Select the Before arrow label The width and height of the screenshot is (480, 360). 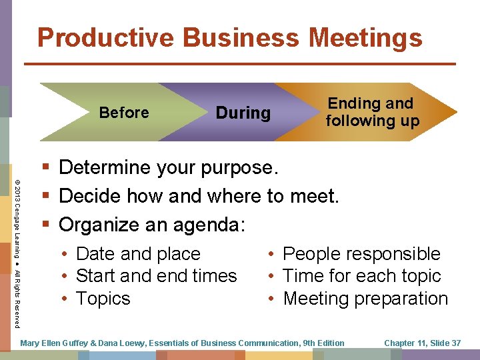(124, 113)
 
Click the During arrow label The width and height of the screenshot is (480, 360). (243, 113)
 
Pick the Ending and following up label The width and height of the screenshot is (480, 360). (372, 112)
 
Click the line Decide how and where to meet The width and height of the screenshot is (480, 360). (199, 196)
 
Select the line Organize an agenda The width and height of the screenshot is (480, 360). (153, 225)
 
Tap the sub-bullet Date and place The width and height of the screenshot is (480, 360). (138, 254)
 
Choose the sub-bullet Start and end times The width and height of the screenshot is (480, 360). (157, 276)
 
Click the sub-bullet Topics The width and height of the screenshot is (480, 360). (103, 298)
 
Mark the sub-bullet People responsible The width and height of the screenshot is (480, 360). (361, 254)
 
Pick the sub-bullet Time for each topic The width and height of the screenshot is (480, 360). (362, 276)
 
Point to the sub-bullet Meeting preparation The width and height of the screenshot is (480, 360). (365, 298)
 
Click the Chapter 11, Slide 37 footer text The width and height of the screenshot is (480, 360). (423, 343)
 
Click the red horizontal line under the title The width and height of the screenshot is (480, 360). (240, 63)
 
